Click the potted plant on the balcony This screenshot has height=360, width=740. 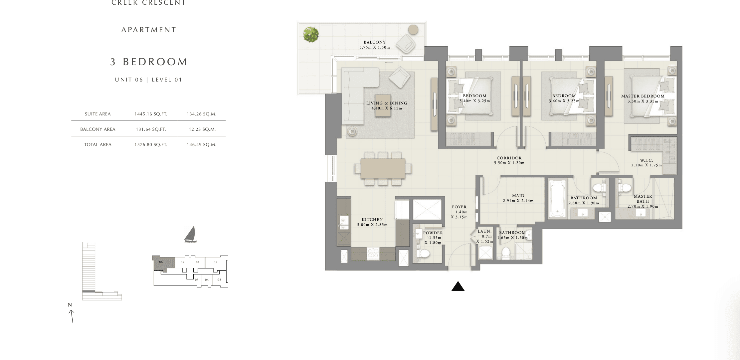pos(311,34)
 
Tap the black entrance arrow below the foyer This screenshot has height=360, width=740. pos(458,286)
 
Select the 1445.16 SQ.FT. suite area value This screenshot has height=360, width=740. pos(151,114)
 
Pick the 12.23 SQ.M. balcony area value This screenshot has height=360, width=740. pos(202,129)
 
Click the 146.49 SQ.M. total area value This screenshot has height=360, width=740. pos(202,145)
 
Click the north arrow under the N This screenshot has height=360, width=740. pos(71,316)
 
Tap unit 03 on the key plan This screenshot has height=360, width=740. pos(219,280)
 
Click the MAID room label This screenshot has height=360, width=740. pos(518,196)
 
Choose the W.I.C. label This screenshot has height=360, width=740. pos(646,160)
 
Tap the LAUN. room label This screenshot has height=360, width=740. pos(484,231)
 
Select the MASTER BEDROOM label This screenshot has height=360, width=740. pos(643,96)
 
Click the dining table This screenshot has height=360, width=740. pos(383,168)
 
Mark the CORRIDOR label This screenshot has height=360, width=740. pos(509,158)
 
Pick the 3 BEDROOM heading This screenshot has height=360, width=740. pos(149,62)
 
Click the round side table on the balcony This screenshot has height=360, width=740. pos(413,30)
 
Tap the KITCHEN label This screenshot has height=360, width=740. pos(372,220)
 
